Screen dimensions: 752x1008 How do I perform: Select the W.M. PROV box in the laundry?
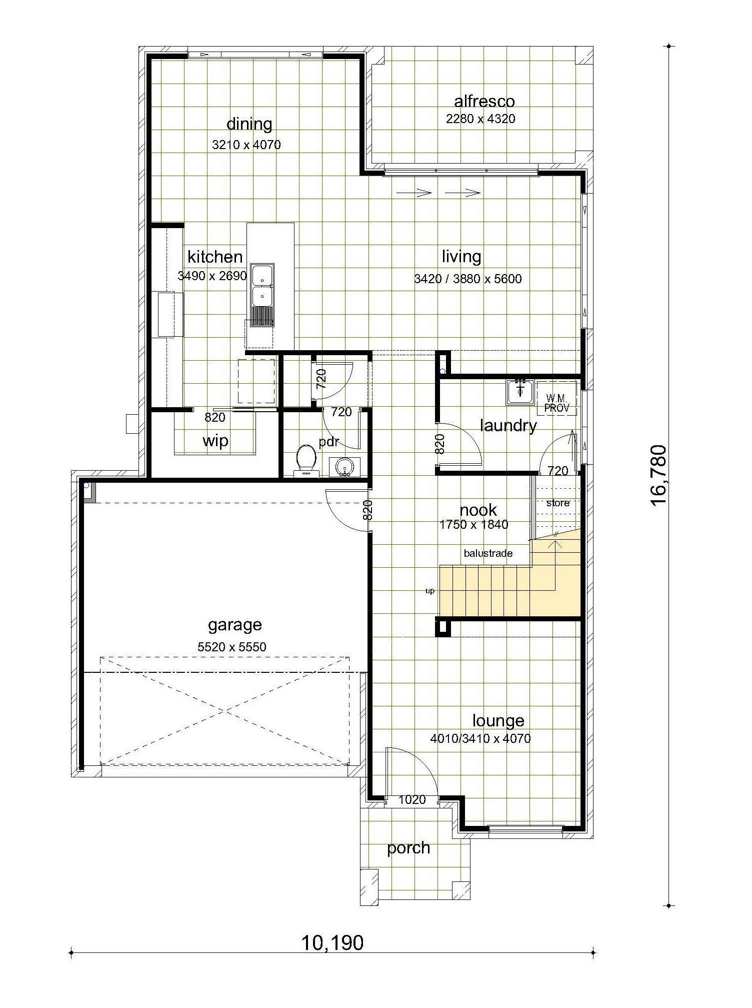point(556,398)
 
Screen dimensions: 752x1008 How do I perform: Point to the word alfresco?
point(484,102)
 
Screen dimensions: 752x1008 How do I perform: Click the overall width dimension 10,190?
point(332,943)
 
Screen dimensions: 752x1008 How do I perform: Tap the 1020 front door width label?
point(412,800)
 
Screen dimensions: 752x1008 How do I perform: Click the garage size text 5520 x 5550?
point(232,647)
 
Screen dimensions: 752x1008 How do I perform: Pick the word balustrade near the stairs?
point(488,553)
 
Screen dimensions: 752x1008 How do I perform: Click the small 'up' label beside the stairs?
point(430,591)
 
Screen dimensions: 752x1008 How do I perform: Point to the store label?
point(558,503)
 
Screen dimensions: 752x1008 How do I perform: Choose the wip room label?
point(215,441)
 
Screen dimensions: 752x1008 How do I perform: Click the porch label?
point(408,848)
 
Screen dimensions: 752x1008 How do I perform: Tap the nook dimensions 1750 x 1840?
point(474,524)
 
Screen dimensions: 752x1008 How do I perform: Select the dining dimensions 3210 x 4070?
point(246,145)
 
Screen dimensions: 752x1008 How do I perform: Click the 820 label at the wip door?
point(215,417)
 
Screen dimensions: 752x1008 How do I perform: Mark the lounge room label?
point(498,720)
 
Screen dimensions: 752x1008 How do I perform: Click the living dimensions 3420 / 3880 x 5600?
point(468,279)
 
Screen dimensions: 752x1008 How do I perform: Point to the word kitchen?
point(215,257)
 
